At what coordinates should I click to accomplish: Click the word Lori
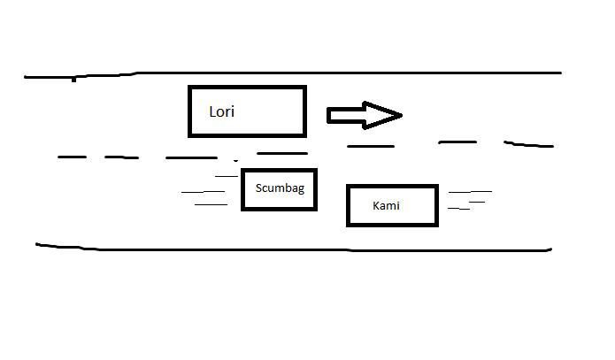222,112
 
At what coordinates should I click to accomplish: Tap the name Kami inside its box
387,205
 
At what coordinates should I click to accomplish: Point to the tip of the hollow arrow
402,115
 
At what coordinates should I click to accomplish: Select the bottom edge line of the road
292,249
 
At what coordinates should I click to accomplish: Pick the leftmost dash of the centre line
72,157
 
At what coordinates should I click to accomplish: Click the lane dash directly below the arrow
370,145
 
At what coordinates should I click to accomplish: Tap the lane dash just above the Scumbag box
282,153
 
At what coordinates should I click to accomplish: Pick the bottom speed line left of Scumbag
211,204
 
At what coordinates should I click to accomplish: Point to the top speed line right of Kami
470,191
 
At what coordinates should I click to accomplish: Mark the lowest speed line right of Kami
458,209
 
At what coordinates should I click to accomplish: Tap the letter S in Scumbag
258,188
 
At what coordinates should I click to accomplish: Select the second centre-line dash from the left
121,157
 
